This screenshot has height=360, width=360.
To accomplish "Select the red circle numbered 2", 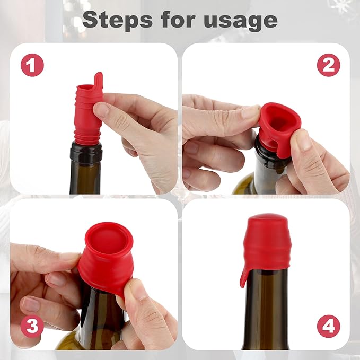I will pos(328,65).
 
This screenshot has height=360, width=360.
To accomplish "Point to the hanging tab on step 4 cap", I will pos(244,276).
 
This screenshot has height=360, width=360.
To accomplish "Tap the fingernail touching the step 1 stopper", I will pos(102,109).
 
